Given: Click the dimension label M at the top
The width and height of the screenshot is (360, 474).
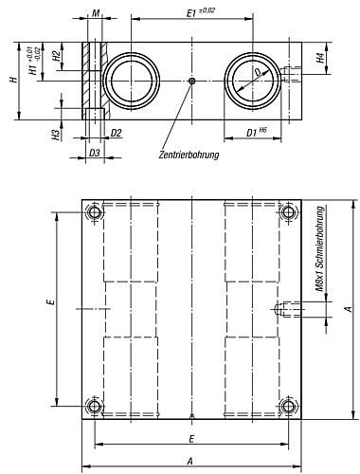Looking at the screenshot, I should click(x=97, y=14).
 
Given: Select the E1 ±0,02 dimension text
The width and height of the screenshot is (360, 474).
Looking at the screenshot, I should click(x=196, y=11).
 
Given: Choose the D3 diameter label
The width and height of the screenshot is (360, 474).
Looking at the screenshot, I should click(x=94, y=152).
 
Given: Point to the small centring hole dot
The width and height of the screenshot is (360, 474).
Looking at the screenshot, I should click(x=192, y=82).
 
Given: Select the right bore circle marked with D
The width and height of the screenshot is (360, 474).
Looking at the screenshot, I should click(x=253, y=80).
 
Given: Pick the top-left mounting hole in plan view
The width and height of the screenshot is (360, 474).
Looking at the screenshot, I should click(x=94, y=214).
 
